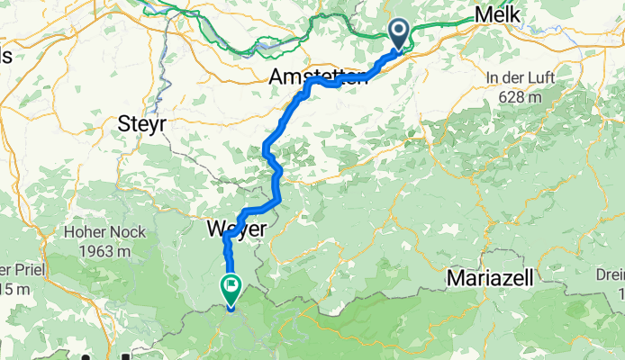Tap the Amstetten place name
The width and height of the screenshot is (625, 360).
(318, 77)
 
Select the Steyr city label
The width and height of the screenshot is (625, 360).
(142, 125)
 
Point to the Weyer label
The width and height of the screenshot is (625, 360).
(236, 229)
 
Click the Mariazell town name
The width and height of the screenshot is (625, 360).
(491, 278)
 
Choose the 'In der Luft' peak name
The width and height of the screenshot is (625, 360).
(516, 78)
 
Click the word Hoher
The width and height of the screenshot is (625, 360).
(86, 231)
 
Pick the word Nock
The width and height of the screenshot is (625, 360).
(131, 231)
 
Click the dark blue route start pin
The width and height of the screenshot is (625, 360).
(399, 35)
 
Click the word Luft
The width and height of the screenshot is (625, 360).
(538, 78)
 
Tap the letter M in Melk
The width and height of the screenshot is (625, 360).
(484, 15)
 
